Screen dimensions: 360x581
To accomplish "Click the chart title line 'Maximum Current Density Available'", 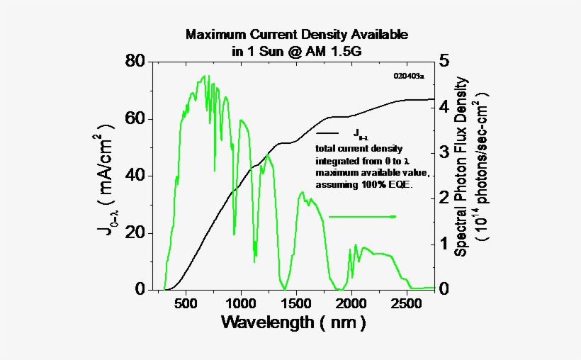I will point(297,34).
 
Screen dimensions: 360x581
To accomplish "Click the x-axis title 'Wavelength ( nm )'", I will point(294,323).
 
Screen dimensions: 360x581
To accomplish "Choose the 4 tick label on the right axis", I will point(444,107).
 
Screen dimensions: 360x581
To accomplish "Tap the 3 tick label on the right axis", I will point(444,152).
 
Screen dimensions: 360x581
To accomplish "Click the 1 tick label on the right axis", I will point(444,244).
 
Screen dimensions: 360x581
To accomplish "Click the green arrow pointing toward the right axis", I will point(362,216).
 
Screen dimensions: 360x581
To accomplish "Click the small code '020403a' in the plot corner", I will point(408,75).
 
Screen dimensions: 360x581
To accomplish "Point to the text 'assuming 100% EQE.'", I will point(364,184).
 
